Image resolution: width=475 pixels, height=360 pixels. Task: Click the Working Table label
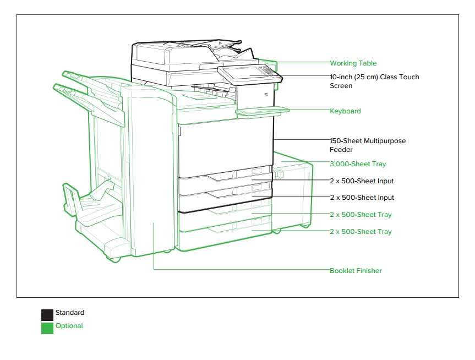click(353, 63)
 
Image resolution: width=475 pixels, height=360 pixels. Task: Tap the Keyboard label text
click(345, 111)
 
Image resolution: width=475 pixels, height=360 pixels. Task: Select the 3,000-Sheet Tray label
click(358, 164)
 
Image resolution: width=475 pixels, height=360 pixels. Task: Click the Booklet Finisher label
click(356, 271)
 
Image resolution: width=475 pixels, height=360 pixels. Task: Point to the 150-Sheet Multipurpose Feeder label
click(368, 145)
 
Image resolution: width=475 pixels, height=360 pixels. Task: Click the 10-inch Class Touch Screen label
click(374, 81)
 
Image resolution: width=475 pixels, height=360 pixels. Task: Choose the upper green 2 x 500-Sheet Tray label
click(361, 215)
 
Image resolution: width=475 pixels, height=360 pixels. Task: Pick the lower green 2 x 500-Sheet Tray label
click(361, 232)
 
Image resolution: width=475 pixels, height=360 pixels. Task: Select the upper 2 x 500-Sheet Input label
click(362, 181)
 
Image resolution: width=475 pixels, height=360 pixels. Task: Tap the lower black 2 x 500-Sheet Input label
click(362, 198)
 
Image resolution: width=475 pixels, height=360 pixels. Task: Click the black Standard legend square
click(47, 315)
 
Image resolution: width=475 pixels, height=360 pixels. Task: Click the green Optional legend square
click(47, 329)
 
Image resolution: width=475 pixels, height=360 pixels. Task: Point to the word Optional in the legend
click(69, 326)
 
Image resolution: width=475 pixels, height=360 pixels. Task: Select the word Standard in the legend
click(70, 313)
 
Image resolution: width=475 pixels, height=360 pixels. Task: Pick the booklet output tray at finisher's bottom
click(91, 203)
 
